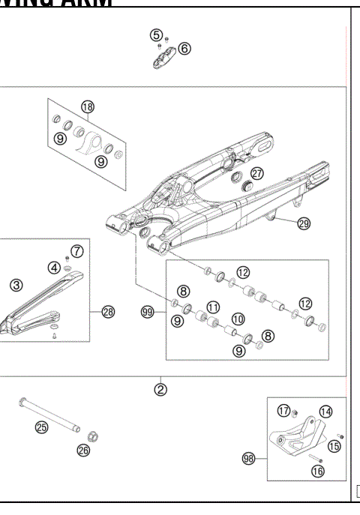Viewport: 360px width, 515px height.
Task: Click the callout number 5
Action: [x=155, y=35]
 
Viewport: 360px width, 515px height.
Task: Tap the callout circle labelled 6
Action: [x=184, y=48]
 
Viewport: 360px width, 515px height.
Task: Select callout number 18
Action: [x=88, y=107]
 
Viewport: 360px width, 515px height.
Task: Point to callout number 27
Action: [x=256, y=173]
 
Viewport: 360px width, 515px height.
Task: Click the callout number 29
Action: [x=304, y=223]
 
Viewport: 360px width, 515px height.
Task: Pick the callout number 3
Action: [x=16, y=284]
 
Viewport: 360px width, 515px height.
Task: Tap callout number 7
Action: [x=76, y=250]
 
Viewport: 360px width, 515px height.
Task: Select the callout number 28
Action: [x=108, y=312]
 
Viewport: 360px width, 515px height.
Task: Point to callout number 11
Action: [x=213, y=307]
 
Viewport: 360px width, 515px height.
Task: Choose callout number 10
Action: [x=237, y=319]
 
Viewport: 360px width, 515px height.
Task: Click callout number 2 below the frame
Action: [x=160, y=389]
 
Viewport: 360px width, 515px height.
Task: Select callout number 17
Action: [x=283, y=410]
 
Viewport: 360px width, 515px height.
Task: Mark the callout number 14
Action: [x=325, y=411]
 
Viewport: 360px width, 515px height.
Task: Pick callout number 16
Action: [x=318, y=472]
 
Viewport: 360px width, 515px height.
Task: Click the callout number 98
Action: [x=250, y=457]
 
